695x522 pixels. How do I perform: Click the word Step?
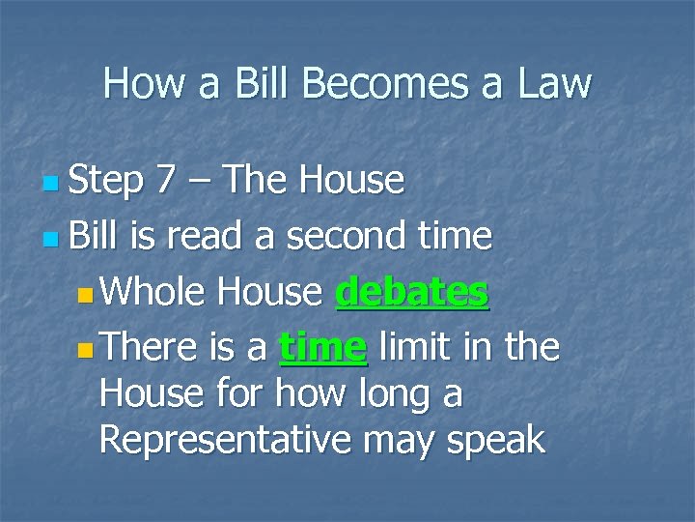point(106,180)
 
